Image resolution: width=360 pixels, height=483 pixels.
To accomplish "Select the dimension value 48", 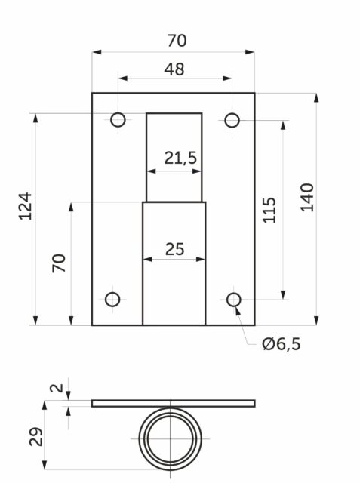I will click(174, 69).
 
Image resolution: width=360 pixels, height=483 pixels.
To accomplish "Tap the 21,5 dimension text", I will click(180, 158).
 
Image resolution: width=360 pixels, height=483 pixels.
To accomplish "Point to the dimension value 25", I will click(174, 248).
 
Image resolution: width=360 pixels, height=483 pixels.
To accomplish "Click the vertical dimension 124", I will click(26, 206).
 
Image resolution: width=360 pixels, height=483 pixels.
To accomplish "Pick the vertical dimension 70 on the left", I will click(60, 263).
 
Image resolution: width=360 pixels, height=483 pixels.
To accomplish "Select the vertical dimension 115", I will click(269, 210).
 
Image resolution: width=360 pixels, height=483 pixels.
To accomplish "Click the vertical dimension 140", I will click(307, 197).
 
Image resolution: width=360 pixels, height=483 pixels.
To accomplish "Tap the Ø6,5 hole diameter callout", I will click(281, 345).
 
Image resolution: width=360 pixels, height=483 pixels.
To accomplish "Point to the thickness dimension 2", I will click(54, 389).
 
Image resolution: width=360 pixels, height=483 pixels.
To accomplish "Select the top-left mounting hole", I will click(118, 119).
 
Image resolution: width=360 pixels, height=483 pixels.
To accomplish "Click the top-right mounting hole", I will click(232, 119).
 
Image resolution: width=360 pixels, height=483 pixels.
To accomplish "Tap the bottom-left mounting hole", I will click(112, 300).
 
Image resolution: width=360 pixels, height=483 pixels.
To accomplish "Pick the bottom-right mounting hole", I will click(234, 300).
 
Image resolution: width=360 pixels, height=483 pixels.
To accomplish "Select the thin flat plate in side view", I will click(174, 403).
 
